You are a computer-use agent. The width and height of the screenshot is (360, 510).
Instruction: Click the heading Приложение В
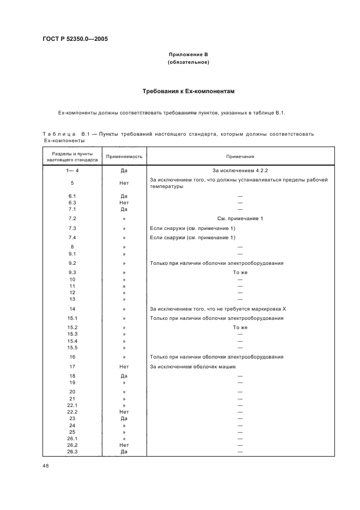pyautogui.click(x=188, y=55)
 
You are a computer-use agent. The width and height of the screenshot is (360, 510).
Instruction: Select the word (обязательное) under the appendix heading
pyautogui.click(x=188, y=62)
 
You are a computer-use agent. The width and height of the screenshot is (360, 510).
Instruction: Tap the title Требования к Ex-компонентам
pyautogui.click(x=188, y=91)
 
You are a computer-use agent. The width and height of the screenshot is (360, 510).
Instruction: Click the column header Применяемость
pyautogui.click(x=124, y=156)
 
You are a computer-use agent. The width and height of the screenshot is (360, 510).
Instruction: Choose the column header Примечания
pyautogui.click(x=240, y=156)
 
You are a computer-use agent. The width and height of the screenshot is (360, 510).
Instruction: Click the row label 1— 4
pyautogui.click(x=72, y=171)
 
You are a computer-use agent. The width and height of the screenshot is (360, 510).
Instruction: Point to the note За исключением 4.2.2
pyautogui.click(x=240, y=171)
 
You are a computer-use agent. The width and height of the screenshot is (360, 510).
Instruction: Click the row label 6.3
pyautogui.click(x=72, y=202)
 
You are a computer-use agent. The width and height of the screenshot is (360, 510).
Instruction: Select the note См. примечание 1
pyautogui.click(x=240, y=218)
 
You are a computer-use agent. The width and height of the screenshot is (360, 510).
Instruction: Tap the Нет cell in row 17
pyautogui.click(x=124, y=367)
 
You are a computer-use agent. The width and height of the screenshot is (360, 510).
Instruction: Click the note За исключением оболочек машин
pyautogui.click(x=193, y=367)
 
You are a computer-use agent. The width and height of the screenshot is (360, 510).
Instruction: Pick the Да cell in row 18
pyautogui.click(x=124, y=376)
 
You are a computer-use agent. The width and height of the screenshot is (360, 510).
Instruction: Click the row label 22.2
pyautogui.click(x=72, y=412)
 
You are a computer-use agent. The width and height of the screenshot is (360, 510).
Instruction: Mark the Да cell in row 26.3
pyautogui.click(x=124, y=451)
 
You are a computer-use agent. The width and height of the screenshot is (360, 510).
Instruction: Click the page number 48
pyautogui.click(x=46, y=466)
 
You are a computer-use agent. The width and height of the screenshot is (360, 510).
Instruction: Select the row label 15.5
pyautogui.click(x=72, y=347)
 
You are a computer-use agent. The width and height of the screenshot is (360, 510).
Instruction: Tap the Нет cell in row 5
pyautogui.click(x=124, y=183)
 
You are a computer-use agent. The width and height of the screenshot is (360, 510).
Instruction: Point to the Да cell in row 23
pyautogui.click(x=124, y=418)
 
